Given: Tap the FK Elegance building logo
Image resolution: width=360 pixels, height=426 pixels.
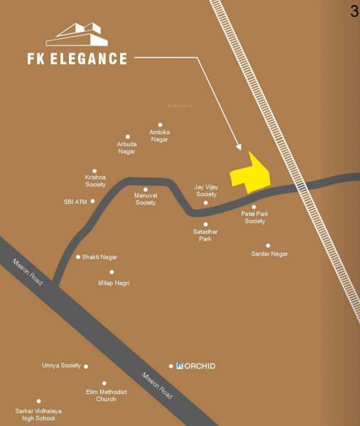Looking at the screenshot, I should pos(77,36).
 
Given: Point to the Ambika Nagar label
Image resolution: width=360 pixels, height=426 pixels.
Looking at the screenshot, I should pos(159,136).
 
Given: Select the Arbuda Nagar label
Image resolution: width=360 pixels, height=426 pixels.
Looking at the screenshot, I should pos(127,148).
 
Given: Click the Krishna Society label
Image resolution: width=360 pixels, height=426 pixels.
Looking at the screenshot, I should pos(95,181).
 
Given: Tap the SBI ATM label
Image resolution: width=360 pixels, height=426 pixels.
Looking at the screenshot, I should pos(75,202).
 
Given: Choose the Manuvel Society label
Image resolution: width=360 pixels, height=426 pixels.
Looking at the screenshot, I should pos(146,199).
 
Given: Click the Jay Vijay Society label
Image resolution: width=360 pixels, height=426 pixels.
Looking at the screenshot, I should pos(206,190).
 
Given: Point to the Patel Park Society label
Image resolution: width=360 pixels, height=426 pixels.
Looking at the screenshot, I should pos(254,217).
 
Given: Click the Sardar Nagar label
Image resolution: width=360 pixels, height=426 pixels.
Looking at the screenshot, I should pos(270,253).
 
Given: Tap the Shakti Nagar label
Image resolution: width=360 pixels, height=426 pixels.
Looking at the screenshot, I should pos(99,257).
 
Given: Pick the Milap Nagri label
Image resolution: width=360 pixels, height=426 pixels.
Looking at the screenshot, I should pos(114,283).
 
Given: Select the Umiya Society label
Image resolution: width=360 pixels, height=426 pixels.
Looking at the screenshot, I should pos(61,366).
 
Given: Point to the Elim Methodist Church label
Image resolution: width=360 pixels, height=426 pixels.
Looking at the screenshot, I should pos(106,395).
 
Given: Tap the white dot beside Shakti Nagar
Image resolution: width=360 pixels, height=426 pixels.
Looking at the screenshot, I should pos(78,257).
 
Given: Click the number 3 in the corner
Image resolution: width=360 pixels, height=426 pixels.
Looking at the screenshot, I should pos(354,11).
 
